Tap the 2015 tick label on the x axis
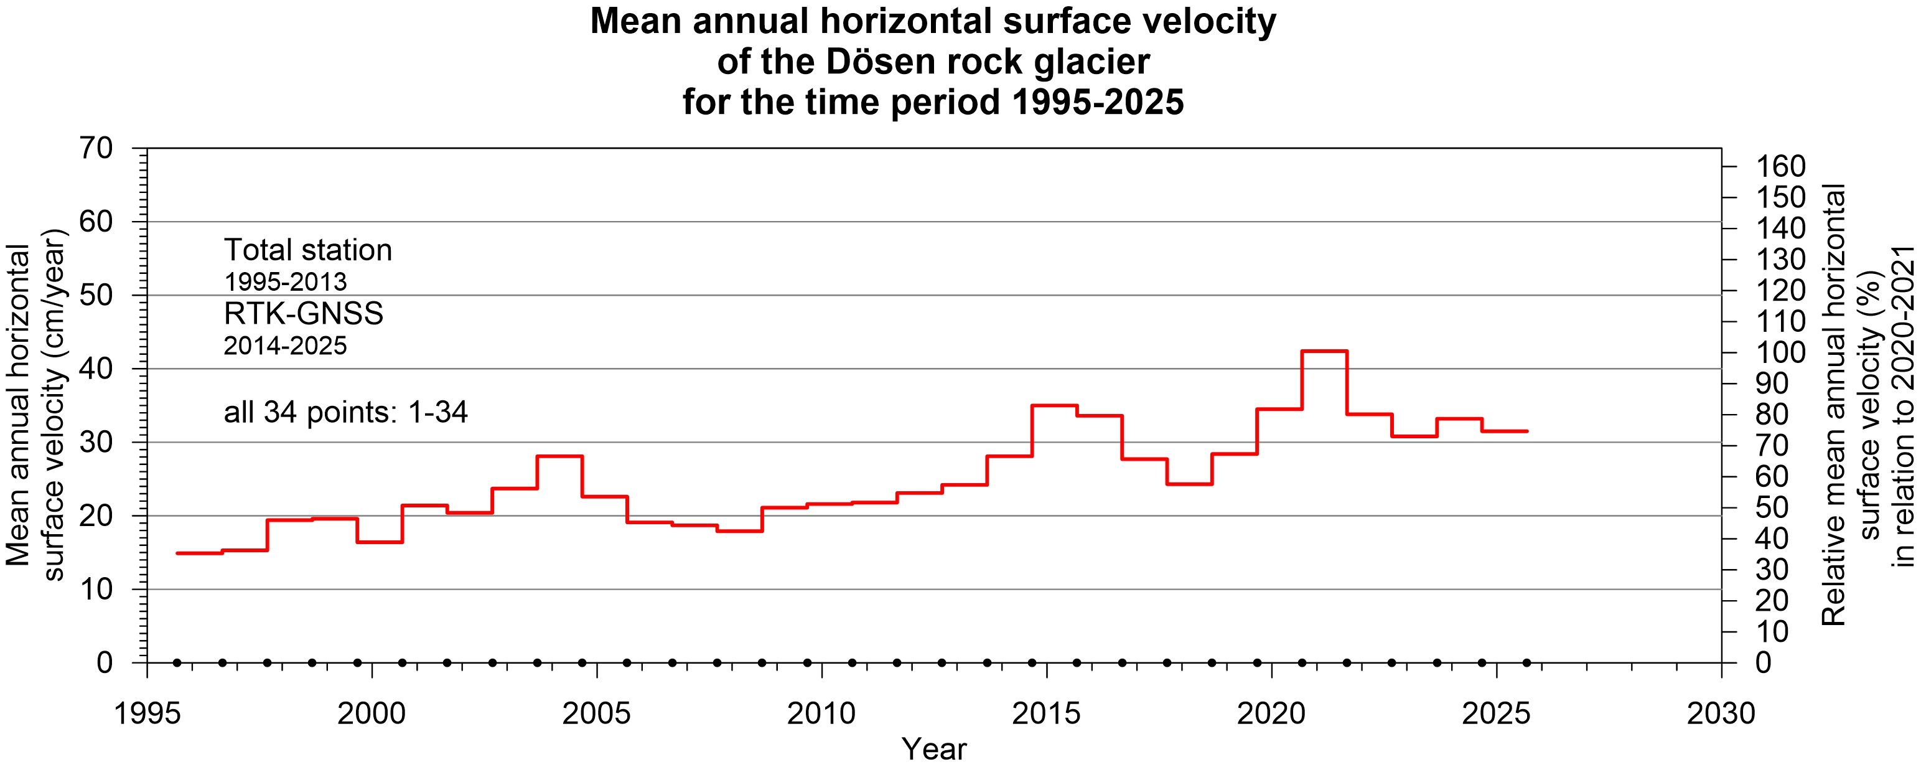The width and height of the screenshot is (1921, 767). click(x=1046, y=714)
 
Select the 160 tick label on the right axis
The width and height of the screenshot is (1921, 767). click(x=1781, y=166)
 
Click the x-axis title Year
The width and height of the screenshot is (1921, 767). click(x=933, y=748)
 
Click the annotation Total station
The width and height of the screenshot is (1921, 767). click(x=308, y=250)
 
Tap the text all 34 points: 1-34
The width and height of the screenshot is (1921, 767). click(x=345, y=412)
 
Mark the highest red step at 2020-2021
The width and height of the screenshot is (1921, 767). click(x=1324, y=351)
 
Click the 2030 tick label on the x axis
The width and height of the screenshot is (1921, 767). click(x=1721, y=714)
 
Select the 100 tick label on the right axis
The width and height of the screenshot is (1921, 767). click(x=1781, y=352)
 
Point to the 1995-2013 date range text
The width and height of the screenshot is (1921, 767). click(x=286, y=282)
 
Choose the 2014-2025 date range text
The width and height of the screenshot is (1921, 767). click(x=286, y=346)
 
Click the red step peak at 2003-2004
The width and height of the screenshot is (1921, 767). click(x=559, y=456)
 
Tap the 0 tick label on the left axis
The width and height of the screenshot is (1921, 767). click(x=105, y=662)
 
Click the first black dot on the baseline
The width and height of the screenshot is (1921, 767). click(x=177, y=662)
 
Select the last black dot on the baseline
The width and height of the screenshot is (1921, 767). click(x=1526, y=662)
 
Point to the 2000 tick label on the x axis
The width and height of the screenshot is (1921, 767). click(x=372, y=714)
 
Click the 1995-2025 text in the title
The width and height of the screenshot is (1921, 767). click(x=1098, y=102)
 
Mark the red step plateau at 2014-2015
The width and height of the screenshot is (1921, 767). click(x=1054, y=405)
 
